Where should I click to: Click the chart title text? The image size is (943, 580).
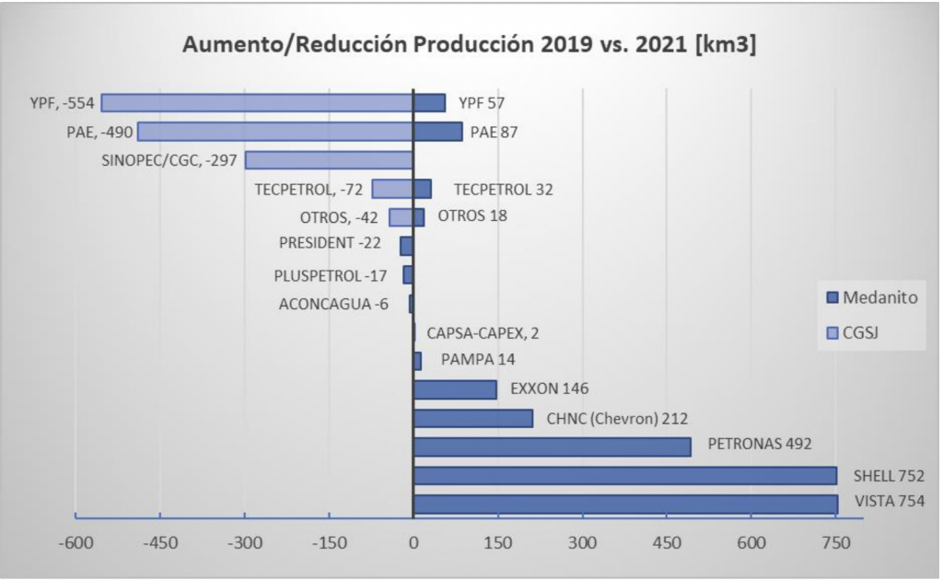click(470, 46)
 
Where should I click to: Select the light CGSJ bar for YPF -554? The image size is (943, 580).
click(257, 103)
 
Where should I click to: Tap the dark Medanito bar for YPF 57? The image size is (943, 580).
click(429, 103)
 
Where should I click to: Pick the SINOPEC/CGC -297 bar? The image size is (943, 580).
click(328, 160)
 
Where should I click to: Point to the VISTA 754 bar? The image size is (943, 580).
click(625, 504)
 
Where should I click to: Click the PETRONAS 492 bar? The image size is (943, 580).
click(552, 447)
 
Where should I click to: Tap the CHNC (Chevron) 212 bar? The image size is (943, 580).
click(473, 418)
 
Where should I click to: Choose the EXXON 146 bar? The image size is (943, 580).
click(455, 389)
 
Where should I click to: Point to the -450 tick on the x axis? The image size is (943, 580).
click(159, 543)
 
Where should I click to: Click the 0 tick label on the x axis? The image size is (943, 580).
click(413, 543)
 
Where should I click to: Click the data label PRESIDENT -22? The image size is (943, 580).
click(330, 244)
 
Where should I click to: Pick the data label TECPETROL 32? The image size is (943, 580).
click(503, 190)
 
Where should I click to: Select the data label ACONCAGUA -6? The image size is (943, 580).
click(333, 304)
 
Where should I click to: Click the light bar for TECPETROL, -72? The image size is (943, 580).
click(391, 189)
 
